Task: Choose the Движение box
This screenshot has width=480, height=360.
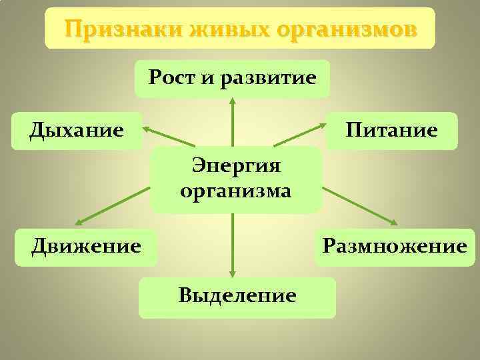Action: (x=86, y=247)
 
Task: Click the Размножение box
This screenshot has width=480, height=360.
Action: (x=394, y=247)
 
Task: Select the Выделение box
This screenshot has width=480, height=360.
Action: (x=237, y=296)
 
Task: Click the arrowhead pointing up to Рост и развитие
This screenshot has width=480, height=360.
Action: (x=233, y=102)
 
